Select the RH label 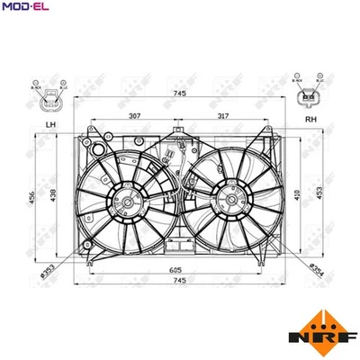click(310, 118)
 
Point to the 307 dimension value click(133, 116)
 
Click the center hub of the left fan click(128, 202)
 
